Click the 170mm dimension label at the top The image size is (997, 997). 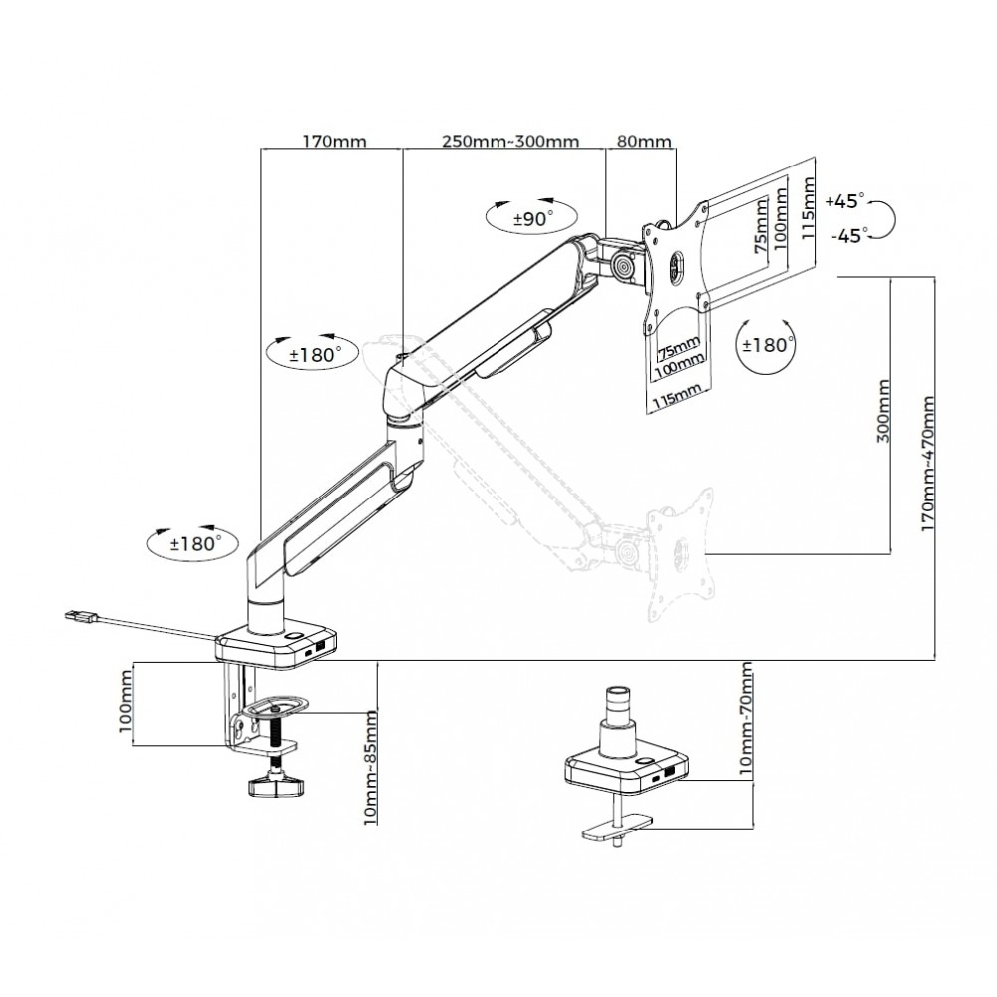click(334, 141)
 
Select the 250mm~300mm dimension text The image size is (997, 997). click(510, 141)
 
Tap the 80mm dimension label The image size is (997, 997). click(645, 141)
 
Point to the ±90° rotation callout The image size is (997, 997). click(532, 219)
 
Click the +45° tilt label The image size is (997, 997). click(845, 201)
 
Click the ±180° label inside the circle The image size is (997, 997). click(768, 345)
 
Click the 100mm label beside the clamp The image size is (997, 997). click(126, 700)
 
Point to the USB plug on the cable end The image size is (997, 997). click(82, 616)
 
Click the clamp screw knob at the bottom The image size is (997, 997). click(275, 786)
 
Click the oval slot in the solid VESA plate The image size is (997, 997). click(676, 265)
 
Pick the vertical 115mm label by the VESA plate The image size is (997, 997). click(808, 208)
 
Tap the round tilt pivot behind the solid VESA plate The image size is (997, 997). click(625, 266)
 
